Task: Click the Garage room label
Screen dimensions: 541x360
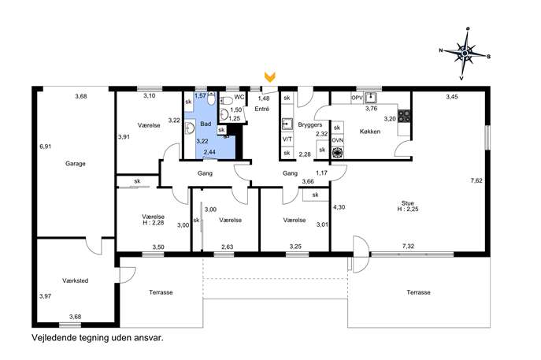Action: [76, 164]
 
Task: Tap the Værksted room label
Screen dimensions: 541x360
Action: [76, 280]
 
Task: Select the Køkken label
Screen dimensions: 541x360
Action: [370, 132]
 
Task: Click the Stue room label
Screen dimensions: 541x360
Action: [407, 203]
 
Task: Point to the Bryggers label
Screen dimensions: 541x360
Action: [310, 125]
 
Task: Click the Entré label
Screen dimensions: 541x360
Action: [262, 109]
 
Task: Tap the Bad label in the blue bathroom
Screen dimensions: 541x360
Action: [206, 124]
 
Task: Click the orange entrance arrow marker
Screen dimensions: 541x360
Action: [270, 76]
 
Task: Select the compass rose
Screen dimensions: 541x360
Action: [465, 54]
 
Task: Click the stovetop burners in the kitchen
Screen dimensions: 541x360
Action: [404, 116]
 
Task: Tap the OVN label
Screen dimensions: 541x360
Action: [337, 140]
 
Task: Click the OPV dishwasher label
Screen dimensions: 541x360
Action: [357, 98]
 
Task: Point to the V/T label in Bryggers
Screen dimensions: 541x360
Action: [287, 139]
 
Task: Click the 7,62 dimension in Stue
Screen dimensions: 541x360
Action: [476, 180]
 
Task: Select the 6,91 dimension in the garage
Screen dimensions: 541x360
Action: [45, 147]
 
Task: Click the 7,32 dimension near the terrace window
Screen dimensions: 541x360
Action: [408, 246]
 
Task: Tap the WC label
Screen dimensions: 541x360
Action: [239, 97]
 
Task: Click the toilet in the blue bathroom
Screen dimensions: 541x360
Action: [211, 99]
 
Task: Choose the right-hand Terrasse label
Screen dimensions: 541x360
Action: [418, 292]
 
